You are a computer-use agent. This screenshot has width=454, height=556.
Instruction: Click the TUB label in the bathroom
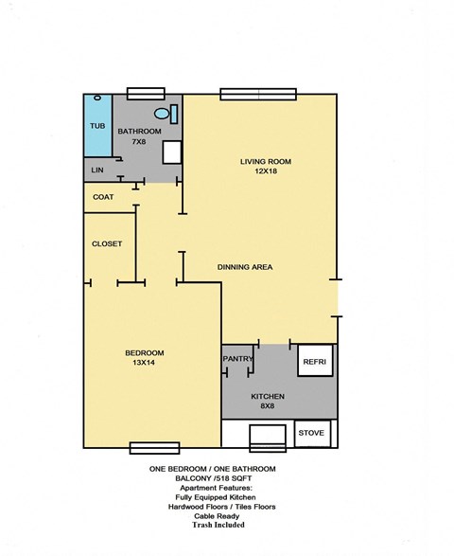97,126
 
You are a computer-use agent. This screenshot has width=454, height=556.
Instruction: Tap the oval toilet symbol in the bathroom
163,115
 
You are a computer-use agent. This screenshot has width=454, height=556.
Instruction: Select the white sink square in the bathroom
172,152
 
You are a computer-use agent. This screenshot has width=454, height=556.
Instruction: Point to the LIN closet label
96,170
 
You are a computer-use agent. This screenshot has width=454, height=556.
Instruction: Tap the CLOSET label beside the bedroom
107,243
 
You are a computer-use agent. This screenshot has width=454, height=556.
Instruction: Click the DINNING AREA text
245,267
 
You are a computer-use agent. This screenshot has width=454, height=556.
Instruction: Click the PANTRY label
237,359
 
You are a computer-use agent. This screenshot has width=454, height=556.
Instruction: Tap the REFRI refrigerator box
314,362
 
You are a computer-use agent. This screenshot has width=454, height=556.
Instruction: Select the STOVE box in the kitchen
312,433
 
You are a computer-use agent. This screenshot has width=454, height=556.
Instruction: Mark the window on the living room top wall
258,93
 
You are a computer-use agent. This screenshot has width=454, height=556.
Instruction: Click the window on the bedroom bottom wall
154,448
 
